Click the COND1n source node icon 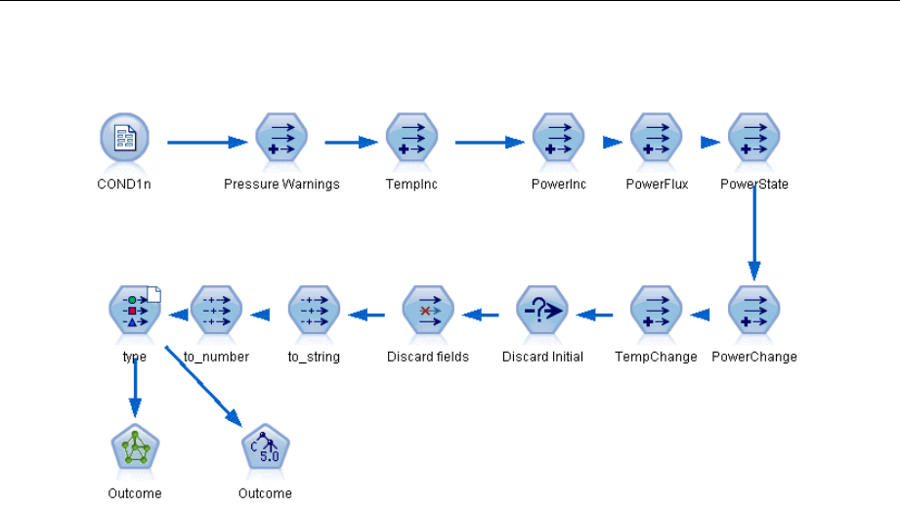124,138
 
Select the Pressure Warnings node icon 281,138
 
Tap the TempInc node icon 411,138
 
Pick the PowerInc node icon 559,138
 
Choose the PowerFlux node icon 656,138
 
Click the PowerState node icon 754,138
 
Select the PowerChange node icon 754,311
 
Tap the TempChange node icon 656,311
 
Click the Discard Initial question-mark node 542,311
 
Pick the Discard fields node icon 428,311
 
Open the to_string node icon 314,311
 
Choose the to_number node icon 216,311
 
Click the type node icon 135,311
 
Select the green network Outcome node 135,447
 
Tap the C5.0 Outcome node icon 265,447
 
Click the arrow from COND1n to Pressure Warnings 207,143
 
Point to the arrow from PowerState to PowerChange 754,233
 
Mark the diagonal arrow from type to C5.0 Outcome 204,386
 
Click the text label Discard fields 428,357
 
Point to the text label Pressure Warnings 281,185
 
